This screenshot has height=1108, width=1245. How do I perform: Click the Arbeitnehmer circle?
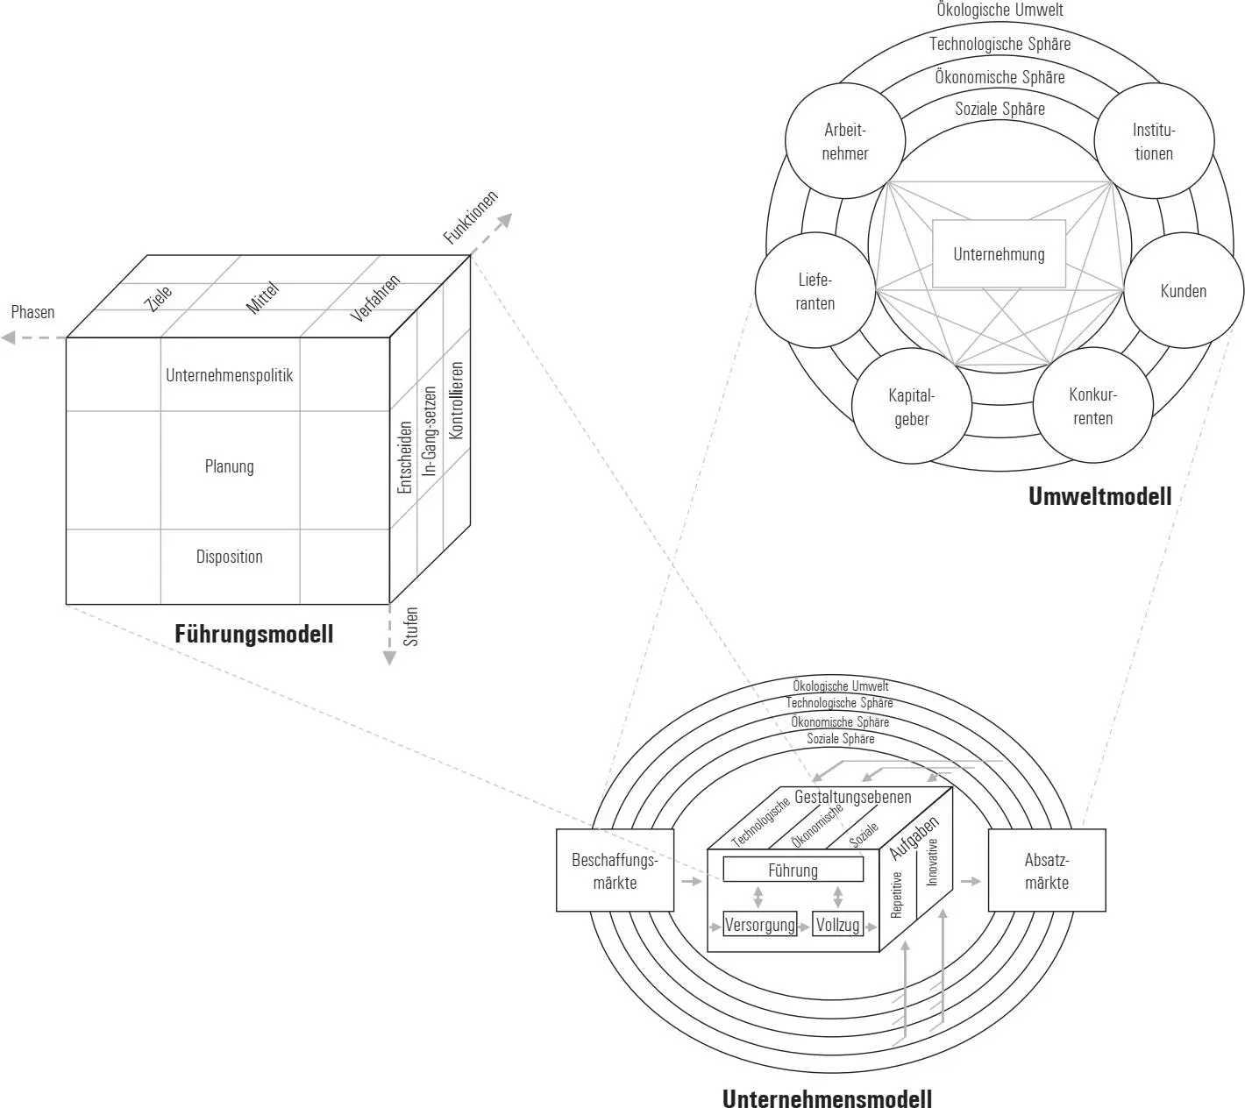pyautogui.click(x=844, y=141)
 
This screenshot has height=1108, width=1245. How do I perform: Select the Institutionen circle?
pyautogui.click(x=1154, y=141)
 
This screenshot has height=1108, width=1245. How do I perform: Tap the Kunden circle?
pyautogui.click(x=1184, y=291)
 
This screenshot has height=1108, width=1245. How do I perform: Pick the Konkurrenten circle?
pyautogui.click(x=1092, y=406)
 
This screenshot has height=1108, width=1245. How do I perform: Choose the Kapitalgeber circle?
pyautogui.click(x=912, y=407)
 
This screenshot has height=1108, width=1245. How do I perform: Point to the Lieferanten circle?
pyautogui.click(x=815, y=291)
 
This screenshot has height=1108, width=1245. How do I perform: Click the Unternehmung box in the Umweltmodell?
pyautogui.click(x=999, y=254)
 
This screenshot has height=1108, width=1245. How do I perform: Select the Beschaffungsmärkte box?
pyautogui.click(x=615, y=870)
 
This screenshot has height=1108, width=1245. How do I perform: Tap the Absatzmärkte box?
pyautogui.click(x=1047, y=870)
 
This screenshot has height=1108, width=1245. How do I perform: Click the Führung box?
pyautogui.click(x=793, y=870)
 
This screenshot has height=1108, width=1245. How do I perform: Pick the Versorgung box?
pyautogui.click(x=759, y=924)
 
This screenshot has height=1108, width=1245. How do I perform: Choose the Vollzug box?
pyautogui.click(x=837, y=924)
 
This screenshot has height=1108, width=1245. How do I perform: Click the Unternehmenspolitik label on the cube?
pyautogui.click(x=230, y=375)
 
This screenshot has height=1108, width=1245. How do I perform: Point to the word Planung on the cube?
pyautogui.click(x=230, y=466)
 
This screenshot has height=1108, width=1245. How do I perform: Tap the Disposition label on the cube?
pyautogui.click(x=230, y=557)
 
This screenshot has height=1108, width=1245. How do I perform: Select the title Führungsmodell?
pyautogui.click(x=254, y=634)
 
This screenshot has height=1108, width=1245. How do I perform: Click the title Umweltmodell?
pyautogui.click(x=1099, y=496)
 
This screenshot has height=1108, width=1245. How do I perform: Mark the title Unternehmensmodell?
pyautogui.click(x=827, y=1097)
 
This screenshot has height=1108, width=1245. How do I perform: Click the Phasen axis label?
pyautogui.click(x=32, y=312)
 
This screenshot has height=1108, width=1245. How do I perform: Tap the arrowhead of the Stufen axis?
pyautogui.click(x=390, y=658)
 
